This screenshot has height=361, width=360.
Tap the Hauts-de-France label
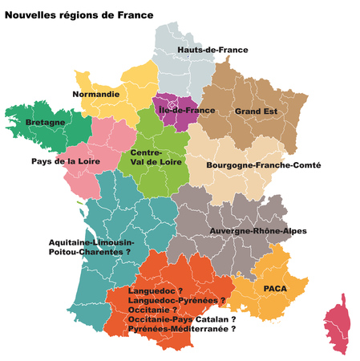(x=212, y=50)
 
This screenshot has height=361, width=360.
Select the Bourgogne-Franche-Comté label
(x=263, y=165)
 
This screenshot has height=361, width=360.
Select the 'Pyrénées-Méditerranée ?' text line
(x=181, y=329)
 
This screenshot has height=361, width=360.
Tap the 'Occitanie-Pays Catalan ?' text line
(x=181, y=318)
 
